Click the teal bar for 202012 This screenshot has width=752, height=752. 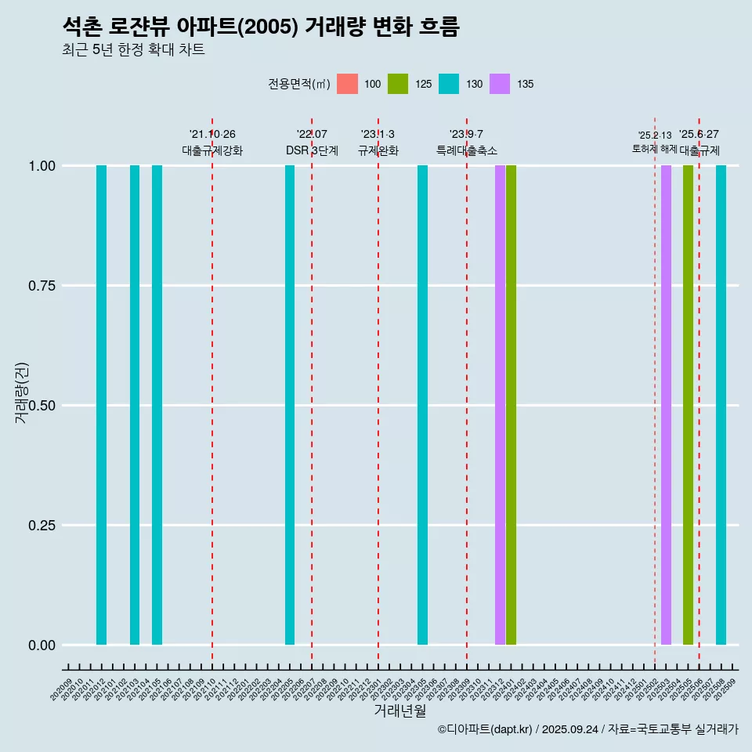pos(101,405)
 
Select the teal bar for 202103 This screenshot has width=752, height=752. pos(135,405)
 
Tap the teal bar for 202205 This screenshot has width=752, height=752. pos(290,405)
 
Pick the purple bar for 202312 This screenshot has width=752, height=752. pos(500,405)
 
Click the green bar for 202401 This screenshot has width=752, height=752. pos(511,405)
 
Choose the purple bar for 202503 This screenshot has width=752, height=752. pos(666,405)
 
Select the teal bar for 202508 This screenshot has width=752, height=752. pos(721,405)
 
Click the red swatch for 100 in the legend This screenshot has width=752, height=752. pos(347,84)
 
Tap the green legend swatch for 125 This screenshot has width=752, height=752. pos(398,84)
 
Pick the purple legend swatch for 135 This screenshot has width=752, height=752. pos(500,84)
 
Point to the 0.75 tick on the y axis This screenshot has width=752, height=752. pos(44,286)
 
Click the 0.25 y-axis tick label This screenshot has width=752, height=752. pos(44,526)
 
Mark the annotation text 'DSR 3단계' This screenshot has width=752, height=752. pos(312,150)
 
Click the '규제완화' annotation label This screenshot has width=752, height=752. pos(378,150)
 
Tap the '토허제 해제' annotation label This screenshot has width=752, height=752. pos(654,149)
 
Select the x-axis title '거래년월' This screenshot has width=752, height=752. pos(399,711)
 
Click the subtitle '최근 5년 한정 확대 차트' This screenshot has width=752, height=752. pos(133,50)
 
